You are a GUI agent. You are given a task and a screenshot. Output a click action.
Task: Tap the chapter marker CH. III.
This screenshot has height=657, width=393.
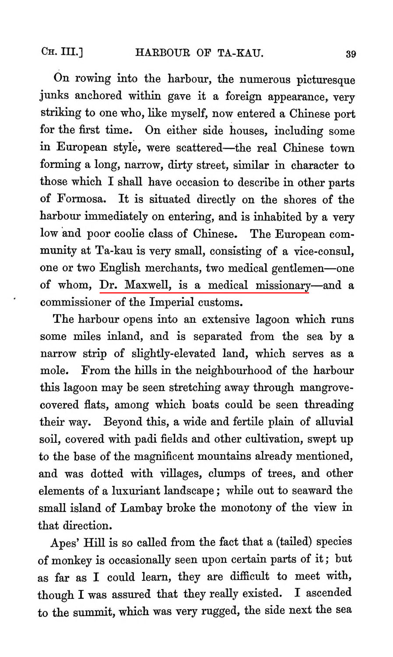click(62, 53)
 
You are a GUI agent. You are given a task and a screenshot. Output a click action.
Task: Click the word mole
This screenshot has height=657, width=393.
click(54, 371)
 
